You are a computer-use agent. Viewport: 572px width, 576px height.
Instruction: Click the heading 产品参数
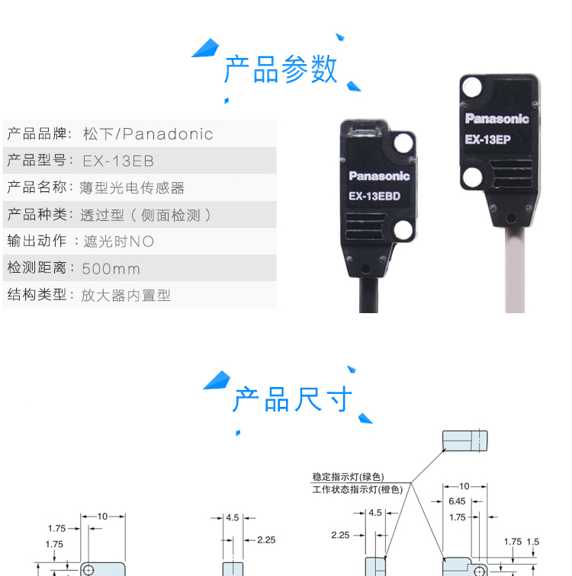pos(281,69)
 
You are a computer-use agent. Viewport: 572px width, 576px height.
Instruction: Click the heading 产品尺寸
pos(292,399)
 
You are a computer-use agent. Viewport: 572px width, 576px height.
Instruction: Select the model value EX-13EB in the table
pos(118,162)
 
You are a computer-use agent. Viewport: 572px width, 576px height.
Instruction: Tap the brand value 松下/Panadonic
pos(148,134)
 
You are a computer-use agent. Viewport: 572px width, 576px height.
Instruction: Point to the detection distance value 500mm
pos(111,269)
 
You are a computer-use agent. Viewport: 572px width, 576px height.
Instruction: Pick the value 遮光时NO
pos(118,242)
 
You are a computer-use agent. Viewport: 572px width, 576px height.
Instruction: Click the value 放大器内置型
pos(126,296)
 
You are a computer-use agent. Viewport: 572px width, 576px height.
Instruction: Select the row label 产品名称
pos(37,187)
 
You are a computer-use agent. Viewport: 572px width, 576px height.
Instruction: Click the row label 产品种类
pos(37,215)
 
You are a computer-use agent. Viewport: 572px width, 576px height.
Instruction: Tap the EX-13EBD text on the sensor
pos(374,196)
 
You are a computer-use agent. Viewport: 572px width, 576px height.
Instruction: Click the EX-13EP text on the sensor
pos(488,139)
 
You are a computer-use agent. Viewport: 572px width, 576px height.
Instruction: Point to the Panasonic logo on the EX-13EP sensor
pos(497,118)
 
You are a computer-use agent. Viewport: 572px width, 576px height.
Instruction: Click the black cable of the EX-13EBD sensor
pos(368,296)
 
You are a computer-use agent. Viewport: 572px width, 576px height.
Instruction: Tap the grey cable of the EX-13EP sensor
pos(515,270)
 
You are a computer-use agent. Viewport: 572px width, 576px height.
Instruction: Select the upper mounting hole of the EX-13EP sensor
pos(471,87)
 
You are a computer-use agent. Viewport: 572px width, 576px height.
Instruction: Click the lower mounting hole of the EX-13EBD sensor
pos(403,230)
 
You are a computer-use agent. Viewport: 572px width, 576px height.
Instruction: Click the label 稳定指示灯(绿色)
pos(348,477)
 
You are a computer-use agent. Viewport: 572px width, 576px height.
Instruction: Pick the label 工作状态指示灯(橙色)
pos(358,490)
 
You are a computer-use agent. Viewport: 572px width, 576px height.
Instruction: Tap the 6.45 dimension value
pos(457,501)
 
